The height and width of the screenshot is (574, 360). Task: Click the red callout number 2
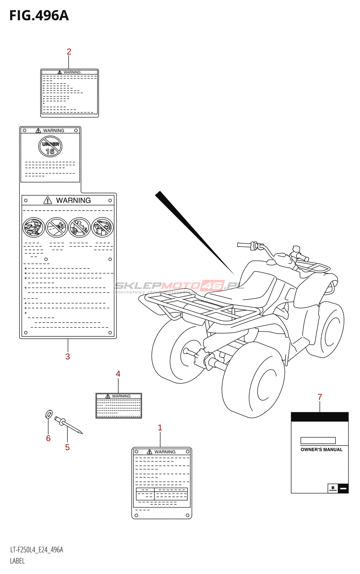click(69, 52)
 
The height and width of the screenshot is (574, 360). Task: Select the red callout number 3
click(68, 356)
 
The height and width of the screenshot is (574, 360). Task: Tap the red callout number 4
click(118, 374)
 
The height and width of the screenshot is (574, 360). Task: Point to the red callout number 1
click(160, 428)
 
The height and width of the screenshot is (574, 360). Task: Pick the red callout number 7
click(320, 397)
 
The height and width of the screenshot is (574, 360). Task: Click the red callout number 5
click(67, 447)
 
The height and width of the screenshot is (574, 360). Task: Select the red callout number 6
click(48, 438)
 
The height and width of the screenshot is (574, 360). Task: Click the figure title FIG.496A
click(39, 16)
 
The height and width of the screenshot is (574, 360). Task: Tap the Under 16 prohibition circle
click(50, 147)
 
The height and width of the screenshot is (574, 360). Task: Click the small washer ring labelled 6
click(49, 414)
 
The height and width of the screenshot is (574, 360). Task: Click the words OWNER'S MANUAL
click(321, 450)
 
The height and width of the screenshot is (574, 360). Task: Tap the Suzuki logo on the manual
click(333, 488)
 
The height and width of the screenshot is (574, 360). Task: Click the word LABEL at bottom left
click(17, 561)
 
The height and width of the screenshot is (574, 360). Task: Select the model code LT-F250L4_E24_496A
click(37, 550)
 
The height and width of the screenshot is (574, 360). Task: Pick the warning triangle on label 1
click(150, 452)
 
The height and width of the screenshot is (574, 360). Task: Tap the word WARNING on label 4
click(121, 396)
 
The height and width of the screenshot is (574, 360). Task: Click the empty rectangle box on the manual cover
click(318, 441)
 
